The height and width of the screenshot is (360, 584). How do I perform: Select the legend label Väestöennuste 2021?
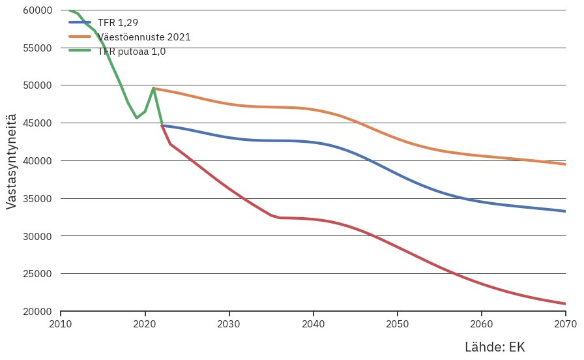click(x=143, y=37)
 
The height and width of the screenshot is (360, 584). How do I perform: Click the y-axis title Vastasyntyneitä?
click(x=11, y=160)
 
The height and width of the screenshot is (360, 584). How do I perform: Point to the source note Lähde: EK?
click(x=494, y=347)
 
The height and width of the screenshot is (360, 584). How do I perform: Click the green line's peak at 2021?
click(x=153, y=88)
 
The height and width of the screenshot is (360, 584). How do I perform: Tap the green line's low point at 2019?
click(x=136, y=118)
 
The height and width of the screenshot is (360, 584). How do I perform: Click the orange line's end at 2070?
click(x=564, y=164)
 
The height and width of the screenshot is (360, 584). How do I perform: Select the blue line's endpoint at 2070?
click(x=564, y=211)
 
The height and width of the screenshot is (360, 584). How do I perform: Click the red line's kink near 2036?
click(x=280, y=218)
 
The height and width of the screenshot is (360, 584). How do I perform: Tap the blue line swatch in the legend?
click(x=80, y=22)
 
